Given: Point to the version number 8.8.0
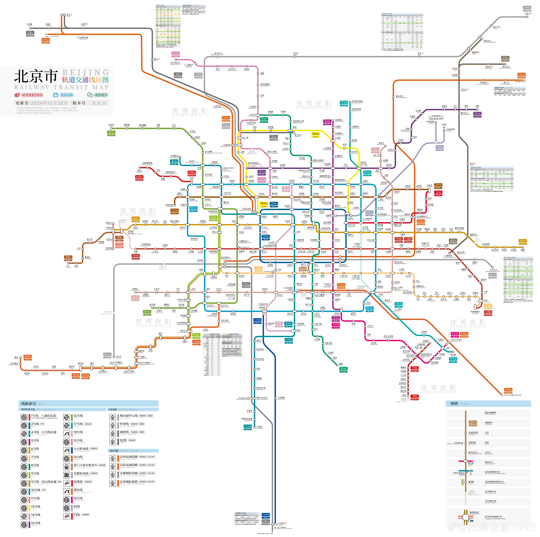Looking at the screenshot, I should [x=99, y=103].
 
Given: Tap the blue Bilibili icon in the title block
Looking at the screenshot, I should [x=56, y=95].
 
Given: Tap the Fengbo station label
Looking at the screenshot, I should [x=477, y=106].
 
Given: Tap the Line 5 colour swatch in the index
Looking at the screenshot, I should [x=29, y=442].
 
